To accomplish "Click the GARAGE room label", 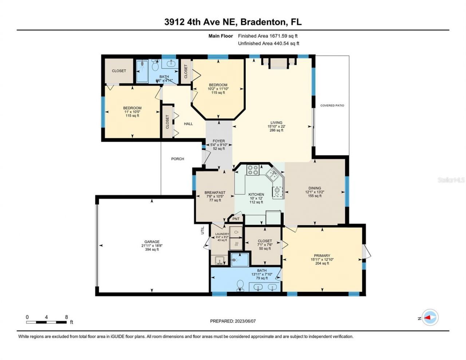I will pos(152,242).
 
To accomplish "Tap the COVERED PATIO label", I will pos(332,106).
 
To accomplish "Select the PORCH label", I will pos(178,159).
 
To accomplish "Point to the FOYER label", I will pos(219,141).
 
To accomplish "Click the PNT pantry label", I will pos(236,219).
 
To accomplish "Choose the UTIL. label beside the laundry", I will pos(203,230).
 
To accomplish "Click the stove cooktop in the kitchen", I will pos(253,170).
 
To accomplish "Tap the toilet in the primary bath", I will pos(240,285).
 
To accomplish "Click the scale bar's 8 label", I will pos(66,317).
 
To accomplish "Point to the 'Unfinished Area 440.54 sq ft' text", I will pos(268,44).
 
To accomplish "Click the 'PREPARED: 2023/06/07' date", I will pos(235,321).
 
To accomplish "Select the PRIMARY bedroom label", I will pos(322,256).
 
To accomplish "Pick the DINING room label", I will pos(315,188).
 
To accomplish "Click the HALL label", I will pos(188,124).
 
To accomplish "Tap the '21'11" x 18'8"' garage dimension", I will pos(152,246).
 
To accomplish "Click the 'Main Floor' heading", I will pos(220,36).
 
